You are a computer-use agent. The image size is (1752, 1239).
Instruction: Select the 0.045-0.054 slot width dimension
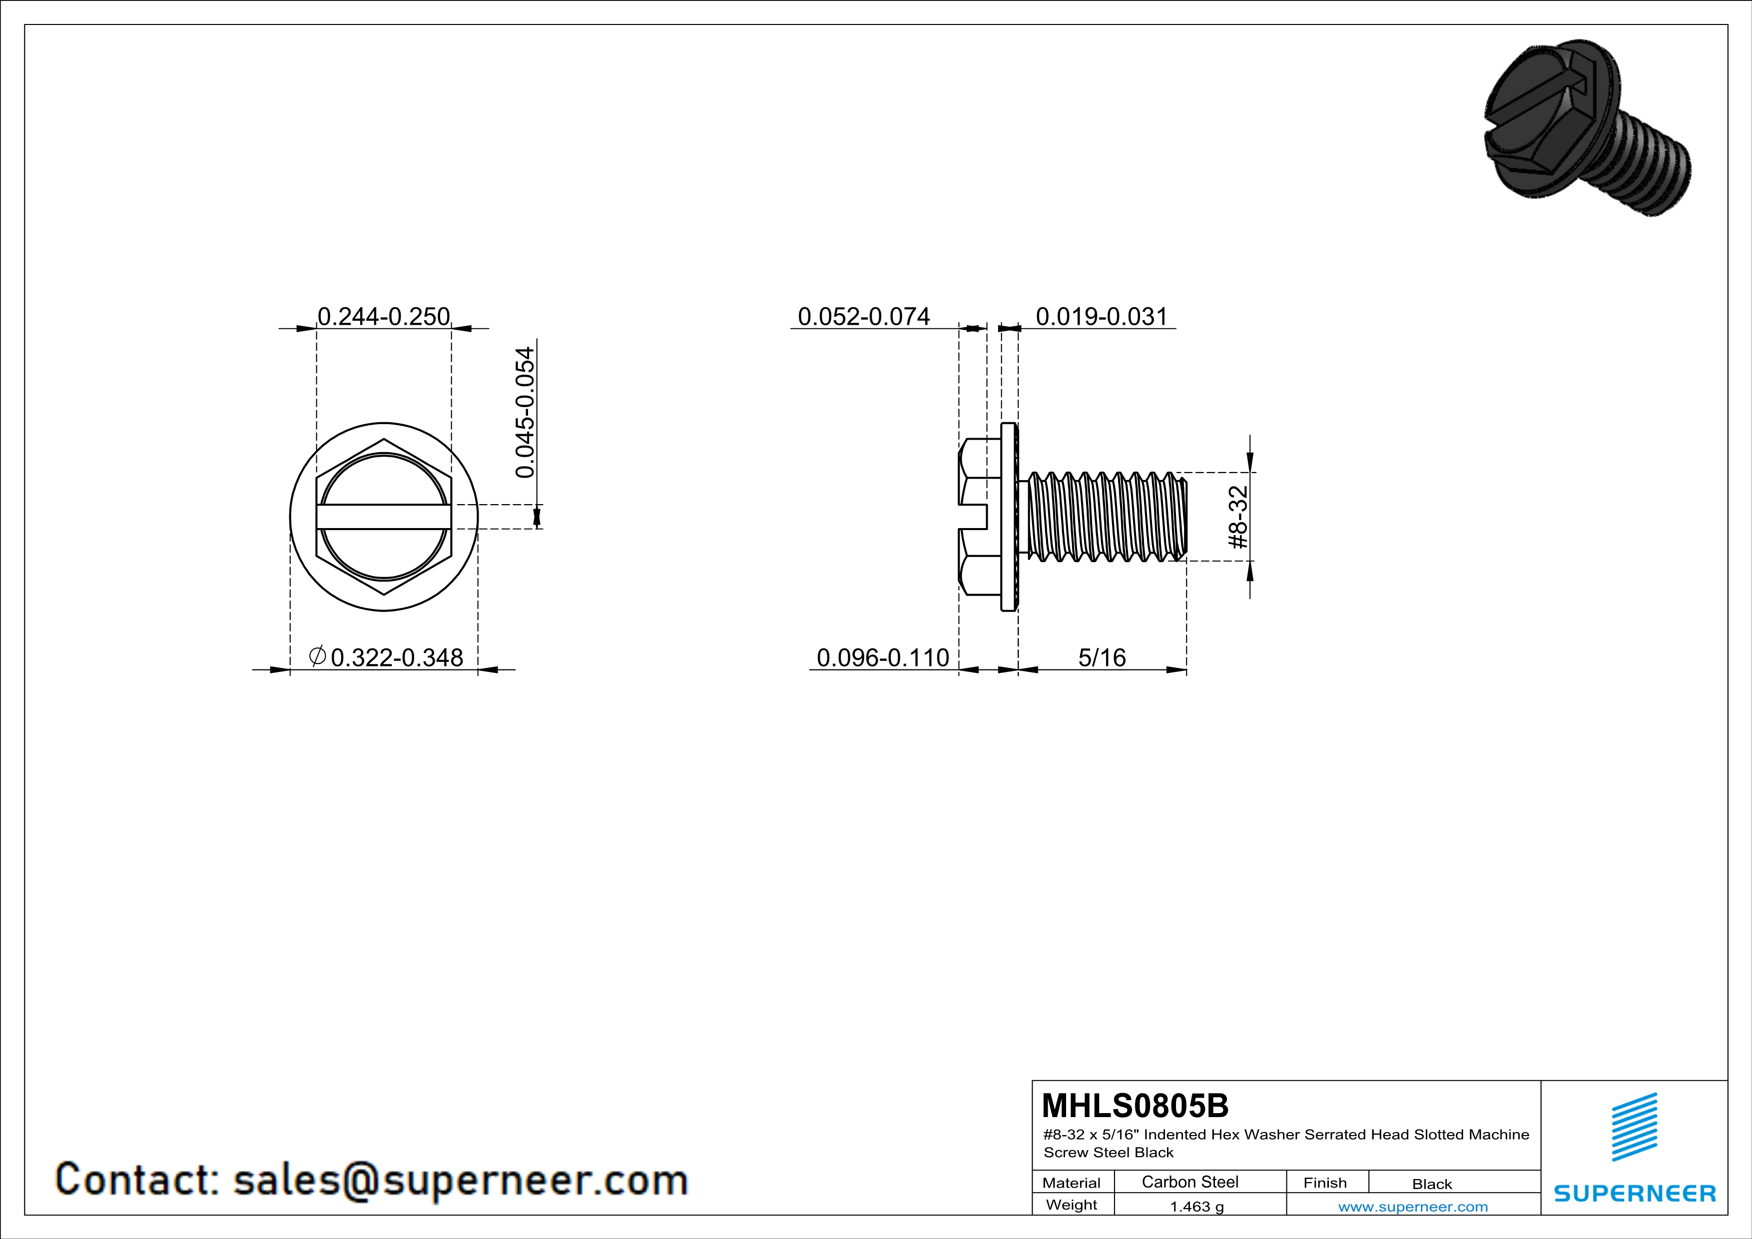pyautogui.click(x=526, y=413)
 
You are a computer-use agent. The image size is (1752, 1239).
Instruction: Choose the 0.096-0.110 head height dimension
pyautogui.click(x=883, y=657)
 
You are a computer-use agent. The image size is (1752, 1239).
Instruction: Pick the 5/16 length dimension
pyautogui.click(x=1102, y=657)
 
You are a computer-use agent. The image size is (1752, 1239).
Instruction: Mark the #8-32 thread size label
pyautogui.click(x=1238, y=517)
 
